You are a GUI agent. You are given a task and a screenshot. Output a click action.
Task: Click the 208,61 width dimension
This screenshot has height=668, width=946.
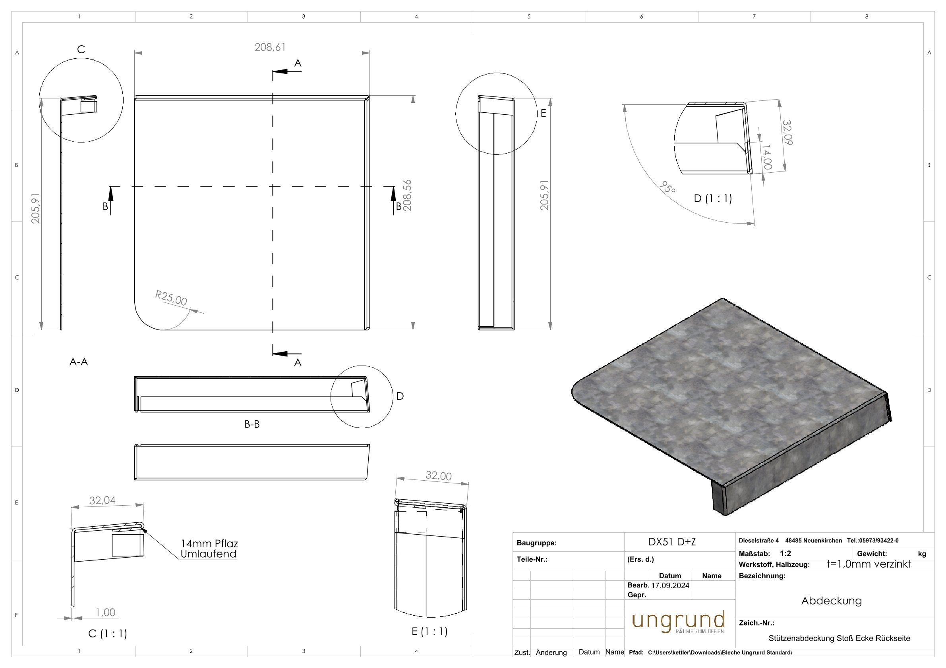click(x=270, y=47)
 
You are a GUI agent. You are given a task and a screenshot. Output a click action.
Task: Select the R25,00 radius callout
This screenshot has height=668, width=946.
click(x=171, y=298)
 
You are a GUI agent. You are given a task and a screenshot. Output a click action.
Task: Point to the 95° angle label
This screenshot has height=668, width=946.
click(x=667, y=188)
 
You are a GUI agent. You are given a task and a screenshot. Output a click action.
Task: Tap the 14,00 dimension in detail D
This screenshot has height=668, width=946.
click(x=766, y=157)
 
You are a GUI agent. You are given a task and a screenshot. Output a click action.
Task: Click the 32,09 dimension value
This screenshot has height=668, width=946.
click(x=787, y=133)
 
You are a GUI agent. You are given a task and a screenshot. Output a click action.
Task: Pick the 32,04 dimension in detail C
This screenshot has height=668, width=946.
click(x=103, y=501)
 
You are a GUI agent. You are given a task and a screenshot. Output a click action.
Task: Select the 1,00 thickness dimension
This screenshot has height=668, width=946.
click(x=105, y=612)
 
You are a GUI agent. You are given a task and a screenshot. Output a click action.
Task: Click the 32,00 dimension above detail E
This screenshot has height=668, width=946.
click(x=438, y=476)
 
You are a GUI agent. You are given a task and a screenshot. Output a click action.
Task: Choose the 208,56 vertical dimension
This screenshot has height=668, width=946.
click(x=408, y=195)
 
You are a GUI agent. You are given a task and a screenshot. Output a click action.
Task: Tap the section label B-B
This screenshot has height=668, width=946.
click(x=252, y=424)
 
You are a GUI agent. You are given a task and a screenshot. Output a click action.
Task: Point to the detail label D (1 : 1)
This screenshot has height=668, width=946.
click(x=713, y=198)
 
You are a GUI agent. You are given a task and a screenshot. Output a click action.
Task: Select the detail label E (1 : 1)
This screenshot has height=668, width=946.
click(x=429, y=631)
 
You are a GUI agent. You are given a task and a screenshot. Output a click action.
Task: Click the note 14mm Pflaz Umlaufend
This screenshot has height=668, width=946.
click(x=209, y=549)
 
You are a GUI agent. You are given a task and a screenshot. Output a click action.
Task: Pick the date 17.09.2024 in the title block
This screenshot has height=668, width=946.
click(x=670, y=586)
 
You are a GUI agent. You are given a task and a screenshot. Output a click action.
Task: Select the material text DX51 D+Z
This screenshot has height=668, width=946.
click(x=672, y=542)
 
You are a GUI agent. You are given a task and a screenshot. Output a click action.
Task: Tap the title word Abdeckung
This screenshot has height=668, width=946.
click(x=832, y=601)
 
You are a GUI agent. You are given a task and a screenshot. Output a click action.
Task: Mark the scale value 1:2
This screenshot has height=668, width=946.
click(x=785, y=554)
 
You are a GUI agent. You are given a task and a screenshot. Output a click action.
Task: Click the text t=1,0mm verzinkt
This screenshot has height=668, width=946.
click(x=869, y=564)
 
